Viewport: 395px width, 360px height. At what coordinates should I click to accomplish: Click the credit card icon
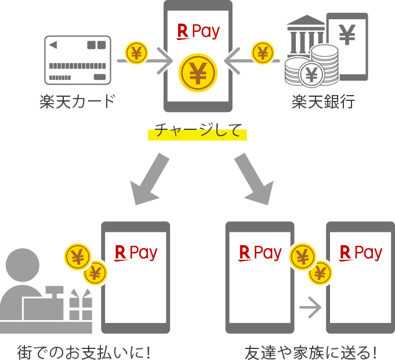[x=77, y=60]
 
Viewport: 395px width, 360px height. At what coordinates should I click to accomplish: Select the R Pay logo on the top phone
[x=198, y=31]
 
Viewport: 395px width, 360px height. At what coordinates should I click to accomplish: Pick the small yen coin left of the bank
[x=263, y=53]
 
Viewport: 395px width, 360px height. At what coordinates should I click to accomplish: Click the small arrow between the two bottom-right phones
[x=310, y=308]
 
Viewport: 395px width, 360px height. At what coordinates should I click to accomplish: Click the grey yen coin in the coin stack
[x=312, y=74]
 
